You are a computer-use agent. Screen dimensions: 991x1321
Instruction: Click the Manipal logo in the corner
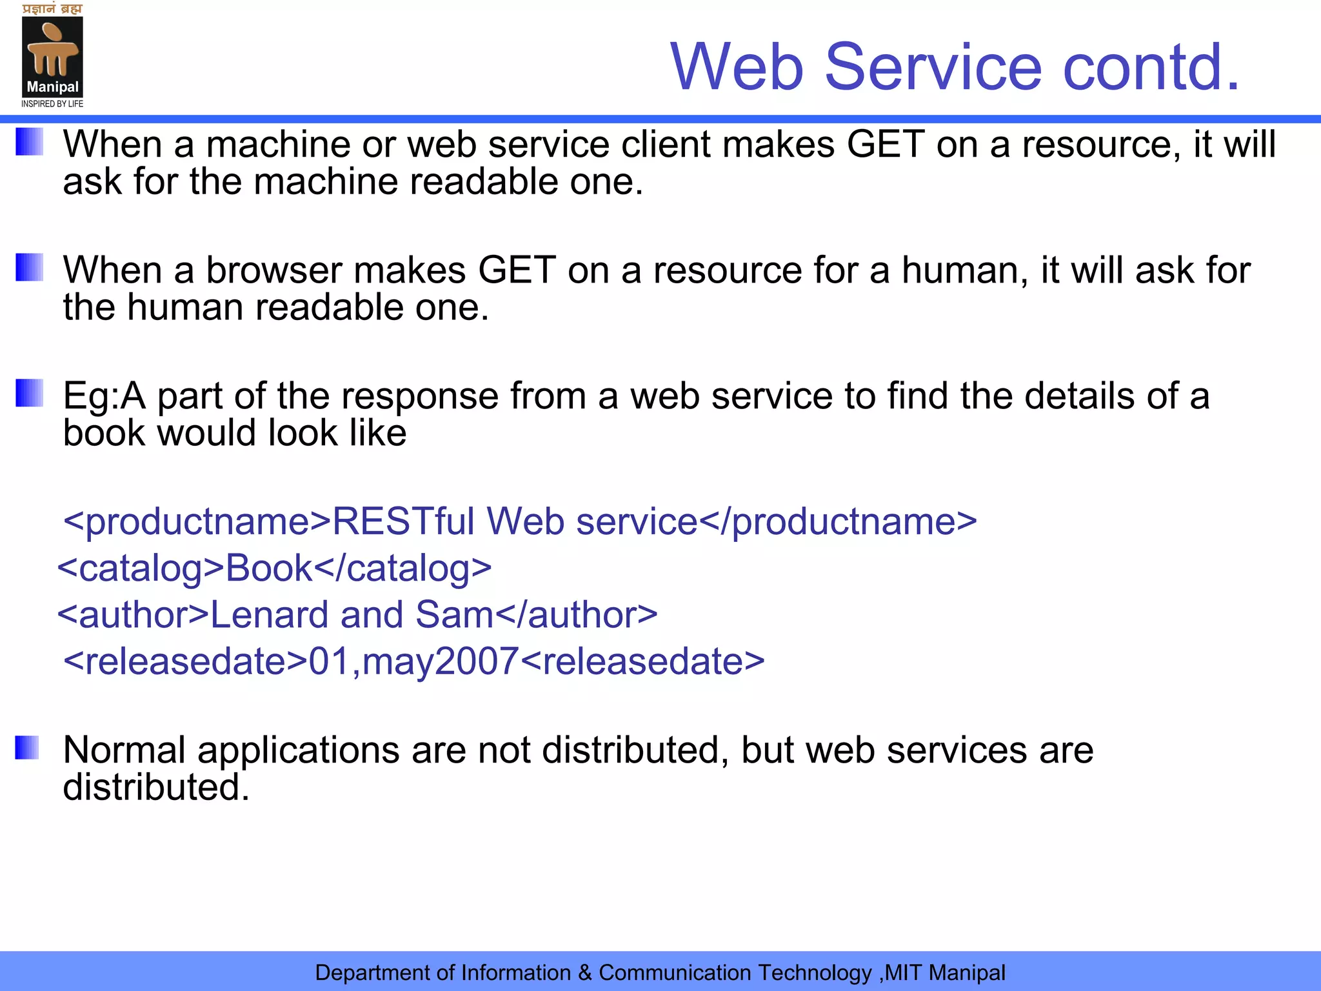(52, 57)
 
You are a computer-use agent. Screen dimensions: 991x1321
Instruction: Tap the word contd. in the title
(1151, 66)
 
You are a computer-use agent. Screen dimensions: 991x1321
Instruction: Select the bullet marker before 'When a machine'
(29, 142)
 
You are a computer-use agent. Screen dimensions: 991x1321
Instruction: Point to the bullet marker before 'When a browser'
(29, 267)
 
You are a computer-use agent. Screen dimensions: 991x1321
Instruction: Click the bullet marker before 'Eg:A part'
(29, 393)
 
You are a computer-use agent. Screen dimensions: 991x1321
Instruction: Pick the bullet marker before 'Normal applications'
(27, 748)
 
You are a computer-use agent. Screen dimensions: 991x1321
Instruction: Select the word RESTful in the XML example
(403, 521)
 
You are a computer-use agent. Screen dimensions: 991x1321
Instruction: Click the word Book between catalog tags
(269, 568)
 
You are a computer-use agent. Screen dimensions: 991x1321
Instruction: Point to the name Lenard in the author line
(270, 615)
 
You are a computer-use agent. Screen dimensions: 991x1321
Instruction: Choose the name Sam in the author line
(454, 615)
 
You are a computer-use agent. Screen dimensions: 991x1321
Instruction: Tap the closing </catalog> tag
(403, 568)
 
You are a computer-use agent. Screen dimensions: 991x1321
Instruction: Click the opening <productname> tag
(197, 521)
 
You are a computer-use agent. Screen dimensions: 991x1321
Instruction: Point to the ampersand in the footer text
(584, 973)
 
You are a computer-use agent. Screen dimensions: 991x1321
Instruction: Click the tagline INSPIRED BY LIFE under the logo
(52, 104)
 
